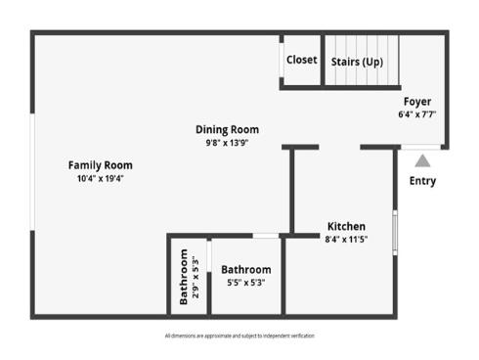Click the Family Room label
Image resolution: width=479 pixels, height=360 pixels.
(x=100, y=165)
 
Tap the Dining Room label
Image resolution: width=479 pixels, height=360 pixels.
(x=227, y=129)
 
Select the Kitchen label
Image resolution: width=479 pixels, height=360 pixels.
(x=346, y=226)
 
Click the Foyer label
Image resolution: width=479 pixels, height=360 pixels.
(x=417, y=102)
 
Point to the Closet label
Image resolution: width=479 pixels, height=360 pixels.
(x=301, y=60)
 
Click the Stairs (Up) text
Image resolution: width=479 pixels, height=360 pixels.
(x=357, y=62)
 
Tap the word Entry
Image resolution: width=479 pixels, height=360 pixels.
(x=422, y=181)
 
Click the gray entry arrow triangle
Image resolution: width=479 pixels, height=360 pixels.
(x=422, y=160)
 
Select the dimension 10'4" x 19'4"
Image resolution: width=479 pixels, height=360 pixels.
(x=100, y=179)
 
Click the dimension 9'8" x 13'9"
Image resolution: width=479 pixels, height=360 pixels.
(x=227, y=143)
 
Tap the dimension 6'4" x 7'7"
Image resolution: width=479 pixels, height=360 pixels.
(x=417, y=114)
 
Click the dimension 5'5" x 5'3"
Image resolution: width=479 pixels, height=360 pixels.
(x=245, y=283)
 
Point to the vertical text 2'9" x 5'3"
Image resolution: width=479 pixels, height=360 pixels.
(x=196, y=277)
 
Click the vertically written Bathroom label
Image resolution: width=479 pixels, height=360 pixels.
(x=183, y=277)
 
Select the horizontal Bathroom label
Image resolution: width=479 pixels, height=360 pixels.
(x=245, y=270)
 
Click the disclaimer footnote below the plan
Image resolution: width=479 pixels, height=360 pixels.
(x=239, y=336)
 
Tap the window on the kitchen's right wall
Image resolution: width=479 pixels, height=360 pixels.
(x=395, y=231)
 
